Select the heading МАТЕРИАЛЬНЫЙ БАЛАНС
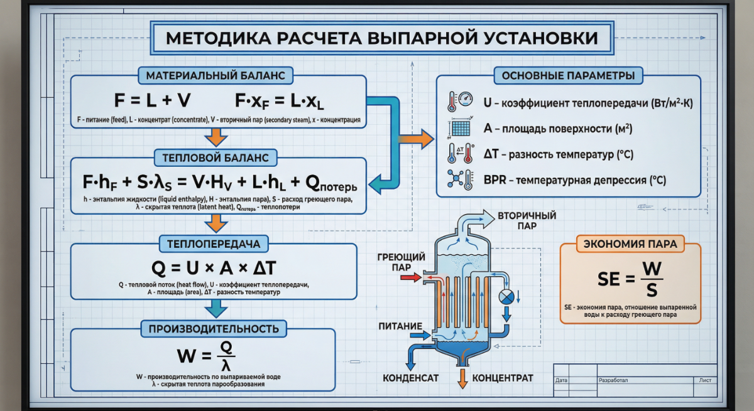click(216, 76)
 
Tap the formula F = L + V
click(153, 100)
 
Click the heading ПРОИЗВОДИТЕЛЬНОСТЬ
click(214, 328)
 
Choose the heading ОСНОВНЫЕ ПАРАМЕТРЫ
click(568, 77)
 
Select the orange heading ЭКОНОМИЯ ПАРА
click(630, 244)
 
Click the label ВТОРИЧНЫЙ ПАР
click(527, 220)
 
